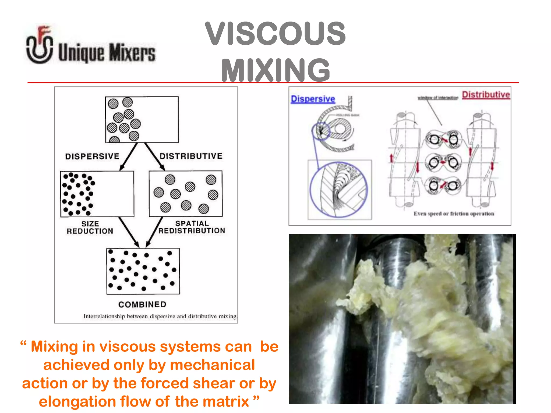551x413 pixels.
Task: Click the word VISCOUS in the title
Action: pos(275,34)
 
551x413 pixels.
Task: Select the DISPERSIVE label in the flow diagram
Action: pos(92,156)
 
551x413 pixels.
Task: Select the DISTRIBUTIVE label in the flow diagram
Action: pos(191,156)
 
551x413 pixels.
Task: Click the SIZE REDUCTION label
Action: pos(90,227)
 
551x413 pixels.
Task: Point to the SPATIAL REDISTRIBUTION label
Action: pos(192,227)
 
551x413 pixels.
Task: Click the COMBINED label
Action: pos(142,304)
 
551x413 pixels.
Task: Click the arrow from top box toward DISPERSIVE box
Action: pos(129,157)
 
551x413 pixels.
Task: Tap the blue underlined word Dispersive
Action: pos(313,99)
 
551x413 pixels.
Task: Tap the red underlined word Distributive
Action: pos(486,95)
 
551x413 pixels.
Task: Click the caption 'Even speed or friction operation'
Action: pos(454,214)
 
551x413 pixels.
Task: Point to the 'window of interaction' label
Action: pos(438,98)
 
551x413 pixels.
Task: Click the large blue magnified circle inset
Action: pos(339,190)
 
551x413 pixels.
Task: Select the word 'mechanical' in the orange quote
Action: pos(212,365)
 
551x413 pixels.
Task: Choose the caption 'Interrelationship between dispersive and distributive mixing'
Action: pos(160,316)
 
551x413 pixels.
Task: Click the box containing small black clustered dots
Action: pos(97,194)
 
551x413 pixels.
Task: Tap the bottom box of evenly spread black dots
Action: pos(143,271)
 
